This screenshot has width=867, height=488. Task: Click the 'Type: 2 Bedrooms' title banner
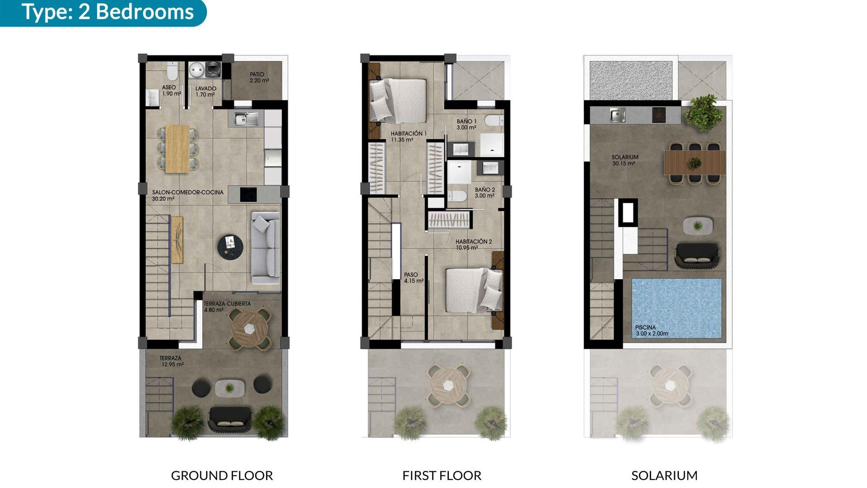[107, 12]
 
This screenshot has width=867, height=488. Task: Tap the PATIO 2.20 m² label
[259, 77]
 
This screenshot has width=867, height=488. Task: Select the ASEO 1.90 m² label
[171, 90]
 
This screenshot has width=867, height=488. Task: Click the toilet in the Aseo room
[172, 71]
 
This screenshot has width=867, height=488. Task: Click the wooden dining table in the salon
[177, 149]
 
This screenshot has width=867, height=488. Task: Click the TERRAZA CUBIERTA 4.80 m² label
[227, 307]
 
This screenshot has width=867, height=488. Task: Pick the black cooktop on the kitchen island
[248, 194]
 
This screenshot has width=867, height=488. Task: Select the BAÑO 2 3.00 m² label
[485, 192]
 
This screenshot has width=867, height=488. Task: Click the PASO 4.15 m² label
[413, 277]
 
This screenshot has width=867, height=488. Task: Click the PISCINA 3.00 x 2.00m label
[651, 330]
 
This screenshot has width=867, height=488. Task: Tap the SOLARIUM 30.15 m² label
[625, 160]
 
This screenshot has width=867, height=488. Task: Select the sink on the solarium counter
[617, 115]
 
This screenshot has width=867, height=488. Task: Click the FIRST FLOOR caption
[442, 475]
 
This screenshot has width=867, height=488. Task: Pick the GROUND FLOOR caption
[222, 475]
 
